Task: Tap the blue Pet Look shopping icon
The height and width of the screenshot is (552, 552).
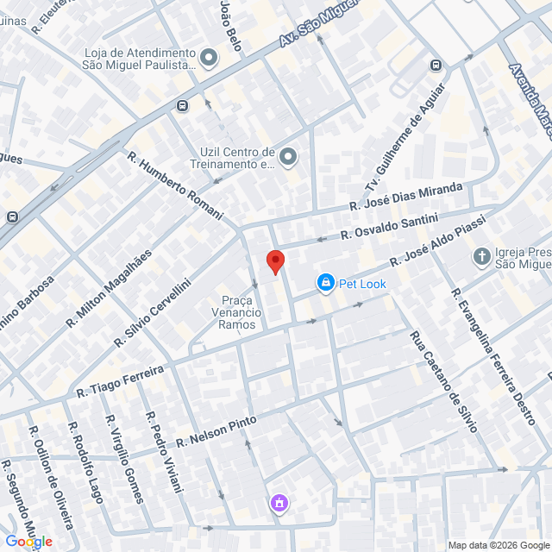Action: point(325,282)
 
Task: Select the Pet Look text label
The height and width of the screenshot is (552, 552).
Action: point(362,283)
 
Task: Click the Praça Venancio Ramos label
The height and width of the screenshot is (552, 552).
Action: point(237,312)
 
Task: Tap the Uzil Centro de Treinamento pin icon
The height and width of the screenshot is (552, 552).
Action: point(288,156)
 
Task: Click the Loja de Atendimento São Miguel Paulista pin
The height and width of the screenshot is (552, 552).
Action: point(209,59)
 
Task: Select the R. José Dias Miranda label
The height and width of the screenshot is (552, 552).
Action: point(406,196)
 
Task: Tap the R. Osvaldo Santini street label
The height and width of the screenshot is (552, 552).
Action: point(389,226)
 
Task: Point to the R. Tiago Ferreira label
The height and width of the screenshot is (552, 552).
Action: point(120,380)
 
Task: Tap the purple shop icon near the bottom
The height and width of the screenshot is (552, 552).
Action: point(278,502)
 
